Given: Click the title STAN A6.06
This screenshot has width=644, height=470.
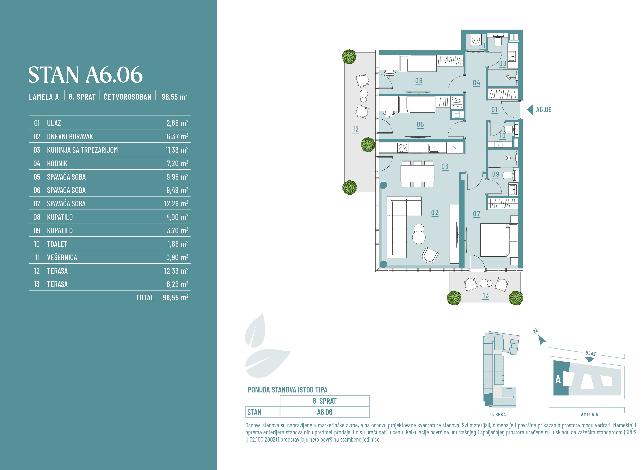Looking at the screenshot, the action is (x=85, y=75).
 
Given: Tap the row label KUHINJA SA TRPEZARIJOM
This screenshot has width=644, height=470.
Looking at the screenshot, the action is (x=82, y=150).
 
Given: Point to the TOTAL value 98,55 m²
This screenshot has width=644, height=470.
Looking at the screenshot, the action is (x=175, y=298).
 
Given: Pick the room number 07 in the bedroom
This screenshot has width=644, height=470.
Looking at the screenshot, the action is (x=477, y=214).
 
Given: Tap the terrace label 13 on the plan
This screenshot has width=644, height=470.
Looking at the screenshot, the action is (x=486, y=296).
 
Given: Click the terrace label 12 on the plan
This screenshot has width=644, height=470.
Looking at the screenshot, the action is (x=356, y=129).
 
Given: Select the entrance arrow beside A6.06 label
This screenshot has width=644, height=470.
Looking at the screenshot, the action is (x=530, y=110).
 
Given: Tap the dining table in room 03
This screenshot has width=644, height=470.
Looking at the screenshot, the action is (x=417, y=174).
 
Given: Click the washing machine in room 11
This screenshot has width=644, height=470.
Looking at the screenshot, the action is (x=476, y=40).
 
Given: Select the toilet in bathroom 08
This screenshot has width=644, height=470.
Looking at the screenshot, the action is (x=498, y=40).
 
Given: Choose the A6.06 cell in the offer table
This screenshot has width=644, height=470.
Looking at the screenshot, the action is (x=325, y=412).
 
